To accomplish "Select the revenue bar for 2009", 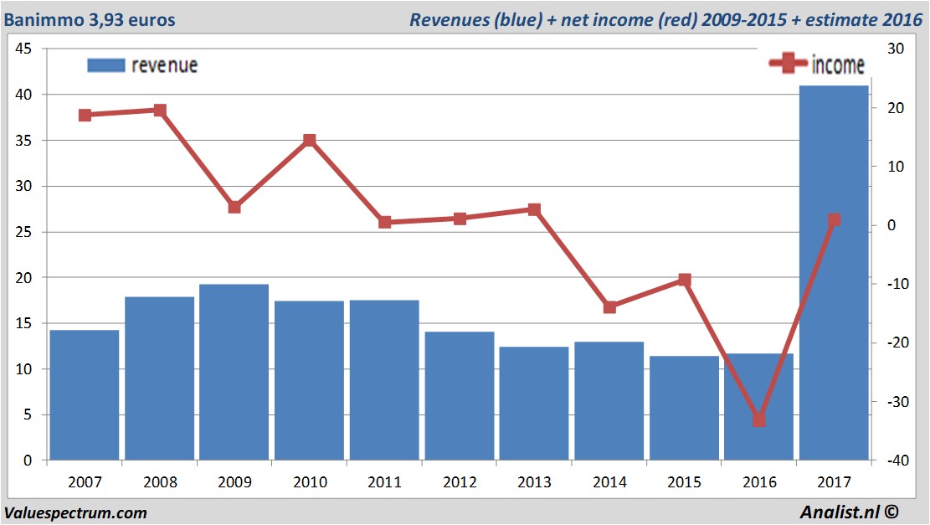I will (x=234, y=373).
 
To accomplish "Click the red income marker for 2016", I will (x=758, y=419).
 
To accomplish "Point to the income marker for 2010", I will (x=309, y=140).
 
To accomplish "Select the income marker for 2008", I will (x=159, y=110).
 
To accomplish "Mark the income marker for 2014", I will (x=609, y=307).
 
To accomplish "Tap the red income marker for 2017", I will (x=834, y=220).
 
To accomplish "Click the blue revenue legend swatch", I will (x=105, y=65).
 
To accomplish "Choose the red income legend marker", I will (x=788, y=64).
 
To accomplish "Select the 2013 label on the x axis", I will (x=534, y=482).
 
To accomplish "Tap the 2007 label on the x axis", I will (x=85, y=482).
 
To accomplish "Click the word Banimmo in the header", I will (x=43, y=19).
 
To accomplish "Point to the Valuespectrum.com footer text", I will (x=75, y=512).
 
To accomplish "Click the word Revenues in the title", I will (x=448, y=19).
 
